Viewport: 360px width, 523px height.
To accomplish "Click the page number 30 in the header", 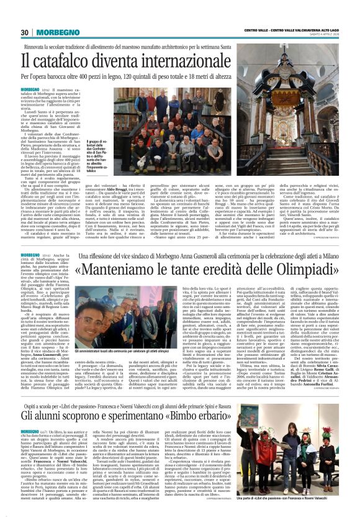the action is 25,32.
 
